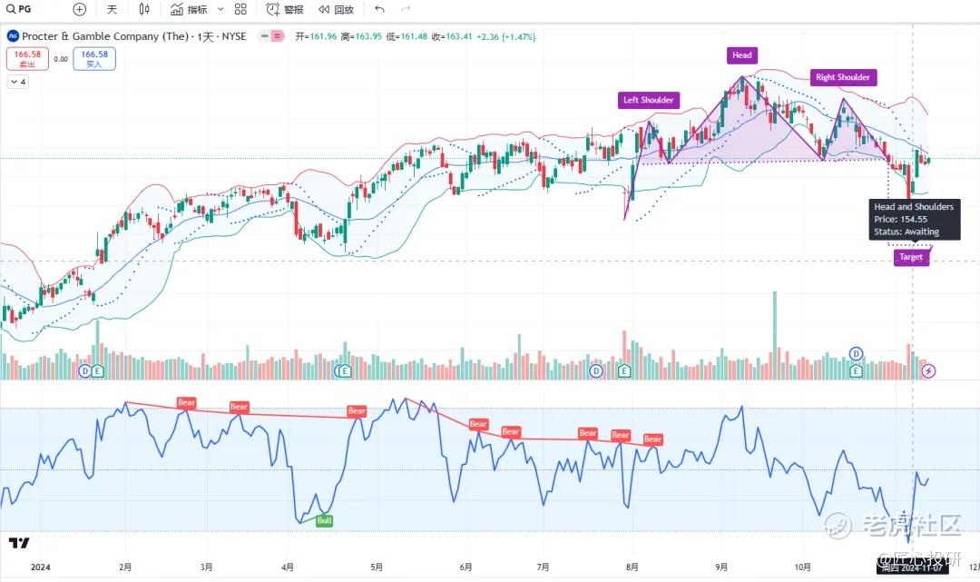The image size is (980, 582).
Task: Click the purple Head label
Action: (x=742, y=55)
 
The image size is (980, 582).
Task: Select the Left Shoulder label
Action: (x=649, y=100)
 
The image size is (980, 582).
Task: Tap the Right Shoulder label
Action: (x=842, y=77)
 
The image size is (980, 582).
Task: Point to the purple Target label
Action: (x=910, y=257)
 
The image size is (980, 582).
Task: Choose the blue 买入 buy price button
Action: (x=94, y=59)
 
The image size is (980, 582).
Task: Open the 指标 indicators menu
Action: (x=189, y=10)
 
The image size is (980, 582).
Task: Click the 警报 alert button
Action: (x=286, y=10)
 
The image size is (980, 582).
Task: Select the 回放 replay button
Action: (x=336, y=10)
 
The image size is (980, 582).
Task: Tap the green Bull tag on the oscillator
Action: (x=324, y=521)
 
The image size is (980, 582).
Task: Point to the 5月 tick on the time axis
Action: (x=375, y=567)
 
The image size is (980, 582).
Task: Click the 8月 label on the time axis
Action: (x=633, y=567)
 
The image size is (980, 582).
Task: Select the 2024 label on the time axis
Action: (x=40, y=567)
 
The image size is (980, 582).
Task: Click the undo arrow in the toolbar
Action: (x=379, y=10)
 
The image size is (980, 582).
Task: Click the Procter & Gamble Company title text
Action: (x=105, y=36)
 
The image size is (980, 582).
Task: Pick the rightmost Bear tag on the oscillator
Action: (x=652, y=439)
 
